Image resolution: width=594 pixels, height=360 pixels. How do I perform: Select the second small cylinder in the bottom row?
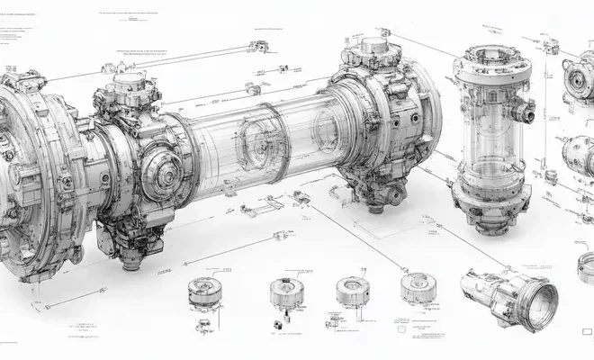point(285,293)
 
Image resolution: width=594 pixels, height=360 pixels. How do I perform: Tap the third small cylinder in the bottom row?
point(352,291)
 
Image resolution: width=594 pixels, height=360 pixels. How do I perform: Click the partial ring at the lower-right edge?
point(586,270)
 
